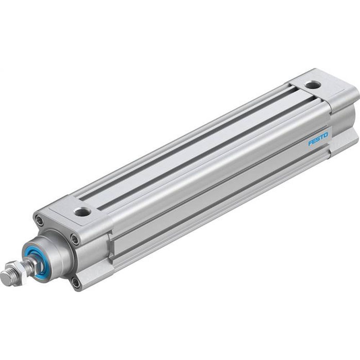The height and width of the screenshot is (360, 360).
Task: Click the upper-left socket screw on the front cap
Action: pos(38,219)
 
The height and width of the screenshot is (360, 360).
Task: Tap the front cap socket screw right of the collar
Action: pos(74,238)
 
